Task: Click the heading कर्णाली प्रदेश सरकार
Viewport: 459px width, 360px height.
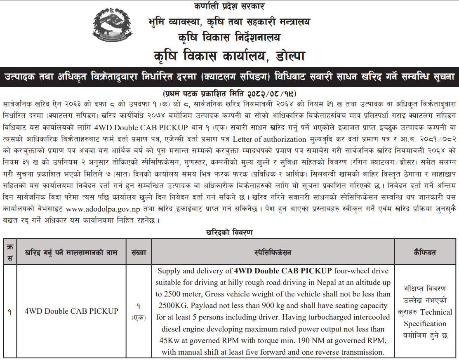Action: pos(229,6)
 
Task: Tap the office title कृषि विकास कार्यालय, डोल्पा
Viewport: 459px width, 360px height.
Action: pos(229,55)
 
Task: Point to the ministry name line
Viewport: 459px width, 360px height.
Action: pos(229,21)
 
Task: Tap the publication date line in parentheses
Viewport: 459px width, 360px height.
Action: pos(229,92)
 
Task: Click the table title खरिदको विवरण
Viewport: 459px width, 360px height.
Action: pos(229,232)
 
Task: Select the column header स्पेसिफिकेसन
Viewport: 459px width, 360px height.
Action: pos(273,252)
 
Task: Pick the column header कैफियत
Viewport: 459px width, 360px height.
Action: pos(425,252)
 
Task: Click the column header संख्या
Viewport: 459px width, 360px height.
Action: pos(139,252)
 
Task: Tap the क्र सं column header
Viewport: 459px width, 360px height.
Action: pos(9,252)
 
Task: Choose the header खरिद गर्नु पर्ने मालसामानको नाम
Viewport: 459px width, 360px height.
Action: pos(71,252)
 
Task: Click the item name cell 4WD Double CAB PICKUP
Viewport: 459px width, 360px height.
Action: pos(71,311)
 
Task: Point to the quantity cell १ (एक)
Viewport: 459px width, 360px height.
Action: pos(139,312)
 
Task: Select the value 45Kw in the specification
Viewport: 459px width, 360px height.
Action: pos(169,341)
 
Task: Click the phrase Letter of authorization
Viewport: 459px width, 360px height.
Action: pos(271,139)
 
